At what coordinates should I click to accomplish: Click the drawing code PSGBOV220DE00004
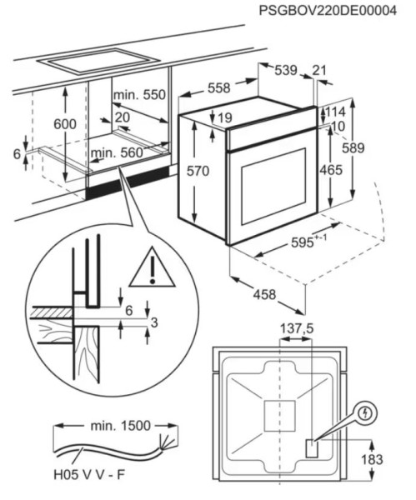(328, 10)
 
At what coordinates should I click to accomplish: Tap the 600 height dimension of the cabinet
(65, 124)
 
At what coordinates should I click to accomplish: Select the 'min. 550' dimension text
(139, 95)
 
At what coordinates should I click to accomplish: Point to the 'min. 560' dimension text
(117, 153)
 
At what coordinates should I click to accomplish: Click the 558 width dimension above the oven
(219, 88)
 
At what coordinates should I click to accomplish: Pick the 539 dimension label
(285, 70)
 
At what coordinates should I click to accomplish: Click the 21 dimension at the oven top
(319, 70)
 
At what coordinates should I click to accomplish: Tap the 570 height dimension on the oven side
(198, 171)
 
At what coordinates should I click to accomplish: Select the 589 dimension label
(353, 148)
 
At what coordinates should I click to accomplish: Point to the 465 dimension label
(331, 170)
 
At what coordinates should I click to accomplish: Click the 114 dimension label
(335, 112)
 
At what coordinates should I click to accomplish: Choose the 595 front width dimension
(308, 242)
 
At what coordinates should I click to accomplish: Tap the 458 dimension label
(264, 294)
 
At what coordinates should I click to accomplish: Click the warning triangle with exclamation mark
(153, 267)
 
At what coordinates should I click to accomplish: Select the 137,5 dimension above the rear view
(297, 328)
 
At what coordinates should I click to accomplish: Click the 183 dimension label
(372, 459)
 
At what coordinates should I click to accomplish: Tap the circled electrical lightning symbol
(366, 413)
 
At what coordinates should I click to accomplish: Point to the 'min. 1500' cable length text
(120, 426)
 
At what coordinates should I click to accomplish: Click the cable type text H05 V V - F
(89, 475)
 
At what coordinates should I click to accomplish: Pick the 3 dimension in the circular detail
(154, 322)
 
